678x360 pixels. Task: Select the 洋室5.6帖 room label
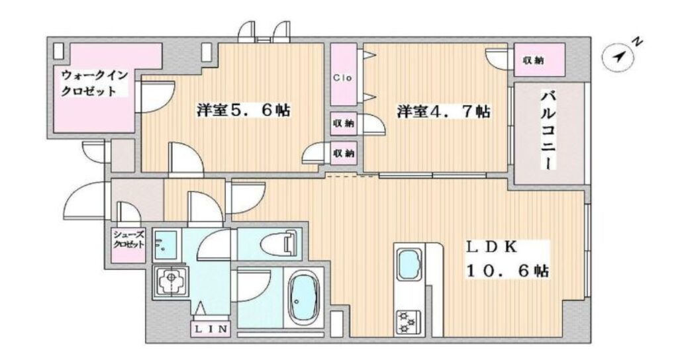(x=244, y=111)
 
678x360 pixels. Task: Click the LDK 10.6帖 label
(x=507, y=259)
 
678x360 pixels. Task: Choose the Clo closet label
(x=342, y=78)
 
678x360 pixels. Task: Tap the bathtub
(x=303, y=299)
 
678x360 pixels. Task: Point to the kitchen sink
(x=409, y=265)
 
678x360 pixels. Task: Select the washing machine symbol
(x=170, y=282)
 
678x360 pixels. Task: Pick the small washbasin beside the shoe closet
(x=165, y=245)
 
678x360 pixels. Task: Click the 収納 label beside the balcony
(x=533, y=61)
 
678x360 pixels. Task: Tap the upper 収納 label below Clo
(x=344, y=123)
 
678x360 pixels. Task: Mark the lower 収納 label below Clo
(x=344, y=153)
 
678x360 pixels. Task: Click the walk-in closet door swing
(x=155, y=97)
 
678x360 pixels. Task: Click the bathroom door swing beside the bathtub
(x=253, y=286)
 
